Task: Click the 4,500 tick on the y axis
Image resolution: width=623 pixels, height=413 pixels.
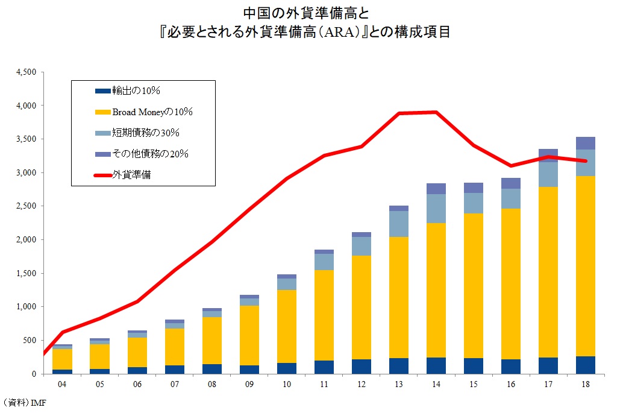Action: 26,72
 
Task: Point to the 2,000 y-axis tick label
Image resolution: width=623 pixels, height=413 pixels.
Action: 26,240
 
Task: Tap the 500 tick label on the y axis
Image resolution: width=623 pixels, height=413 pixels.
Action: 30,341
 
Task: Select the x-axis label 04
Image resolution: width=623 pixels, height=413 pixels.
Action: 62,384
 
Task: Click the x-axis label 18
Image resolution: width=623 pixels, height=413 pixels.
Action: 585,384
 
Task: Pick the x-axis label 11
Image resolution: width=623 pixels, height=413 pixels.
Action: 324,384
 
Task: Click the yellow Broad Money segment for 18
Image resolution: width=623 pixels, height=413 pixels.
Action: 585,265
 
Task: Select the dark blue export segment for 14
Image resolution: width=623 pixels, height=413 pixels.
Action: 436,365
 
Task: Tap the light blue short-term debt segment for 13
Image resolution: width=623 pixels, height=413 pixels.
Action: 398,224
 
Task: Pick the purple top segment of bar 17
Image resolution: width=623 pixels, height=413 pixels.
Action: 548,153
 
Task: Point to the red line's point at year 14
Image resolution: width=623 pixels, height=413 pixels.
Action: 436,112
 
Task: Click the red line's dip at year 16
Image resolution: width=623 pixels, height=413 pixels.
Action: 510,165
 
